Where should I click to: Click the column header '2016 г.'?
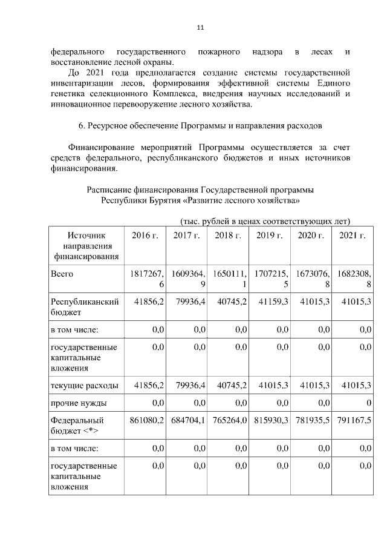(145, 236)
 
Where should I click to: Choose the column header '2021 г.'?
(352, 236)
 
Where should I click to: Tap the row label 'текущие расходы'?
(84, 385)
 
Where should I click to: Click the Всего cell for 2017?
(187, 279)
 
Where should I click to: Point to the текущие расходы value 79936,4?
(188, 385)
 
